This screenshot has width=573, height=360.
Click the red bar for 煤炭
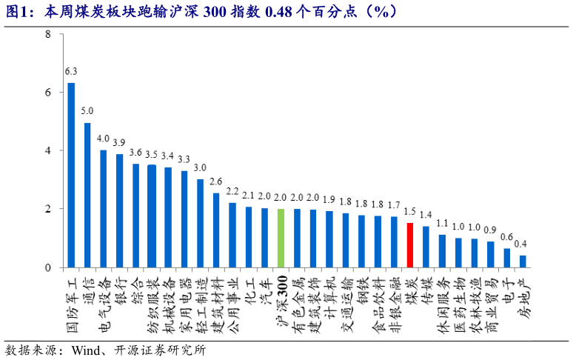410,245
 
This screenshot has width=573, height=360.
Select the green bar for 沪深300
281,238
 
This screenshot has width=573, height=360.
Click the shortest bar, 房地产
523,261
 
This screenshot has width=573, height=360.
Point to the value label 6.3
71,72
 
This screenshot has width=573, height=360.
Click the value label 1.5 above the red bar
410,212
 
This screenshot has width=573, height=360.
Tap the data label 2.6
216,181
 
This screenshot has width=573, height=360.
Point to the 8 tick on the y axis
47,34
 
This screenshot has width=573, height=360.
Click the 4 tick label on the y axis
47,151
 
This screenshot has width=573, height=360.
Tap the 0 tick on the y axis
47,267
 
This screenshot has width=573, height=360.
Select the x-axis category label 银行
121,284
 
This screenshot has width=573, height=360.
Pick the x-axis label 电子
507,284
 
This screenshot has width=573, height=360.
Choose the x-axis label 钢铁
362,284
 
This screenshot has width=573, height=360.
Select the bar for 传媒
426,247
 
